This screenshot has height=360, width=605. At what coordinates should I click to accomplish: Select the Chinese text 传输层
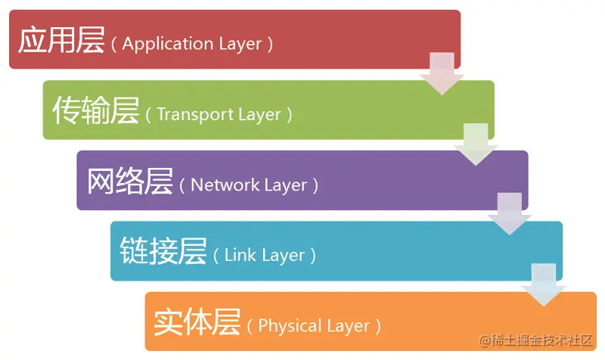point(95,112)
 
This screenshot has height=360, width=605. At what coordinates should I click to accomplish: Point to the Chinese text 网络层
point(130,182)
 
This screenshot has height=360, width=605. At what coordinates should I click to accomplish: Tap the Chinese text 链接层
point(163,252)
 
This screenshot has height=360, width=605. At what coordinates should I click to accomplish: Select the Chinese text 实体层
point(197,323)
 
